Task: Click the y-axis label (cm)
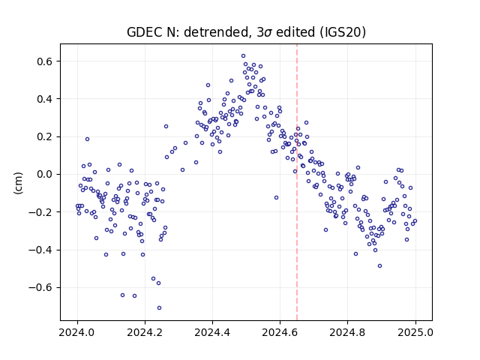pos(18,183)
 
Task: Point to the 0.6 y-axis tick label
pos(45,61)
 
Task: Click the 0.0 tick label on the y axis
pos(45,175)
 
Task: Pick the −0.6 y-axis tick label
pos(40,288)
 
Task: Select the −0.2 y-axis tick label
pos(40,212)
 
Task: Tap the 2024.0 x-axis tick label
pos(77,332)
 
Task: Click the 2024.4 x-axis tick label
pos(212,332)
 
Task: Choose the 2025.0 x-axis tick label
pos(415,332)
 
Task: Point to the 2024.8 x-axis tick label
pos(347,332)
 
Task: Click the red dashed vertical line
pos(297,182)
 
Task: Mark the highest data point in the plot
pos(243,56)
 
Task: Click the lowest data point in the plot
pos(159,308)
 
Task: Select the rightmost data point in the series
pos(415,221)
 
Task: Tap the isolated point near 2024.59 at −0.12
pos(276,198)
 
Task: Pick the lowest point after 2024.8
pos(380,266)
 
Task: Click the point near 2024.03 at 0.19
pos(87,139)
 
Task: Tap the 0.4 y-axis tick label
pos(45,99)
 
